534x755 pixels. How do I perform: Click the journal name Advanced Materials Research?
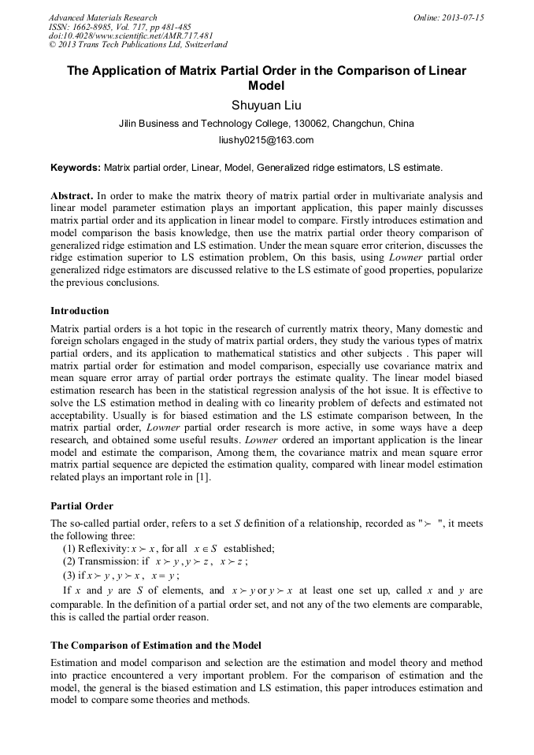(x=102, y=17)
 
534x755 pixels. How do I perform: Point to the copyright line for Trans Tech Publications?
(x=138, y=46)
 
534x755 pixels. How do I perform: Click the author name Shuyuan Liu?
(x=266, y=105)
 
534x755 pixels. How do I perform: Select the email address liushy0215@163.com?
(x=266, y=140)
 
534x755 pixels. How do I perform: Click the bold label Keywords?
(x=76, y=168)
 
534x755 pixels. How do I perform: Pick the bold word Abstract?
(x=71, y=195)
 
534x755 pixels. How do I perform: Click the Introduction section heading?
(x=80, y=311)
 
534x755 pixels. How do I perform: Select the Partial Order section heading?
(x=82, y=506)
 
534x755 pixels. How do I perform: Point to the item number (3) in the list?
(x=69, y=574)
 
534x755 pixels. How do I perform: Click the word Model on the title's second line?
(x=266, y=86)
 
